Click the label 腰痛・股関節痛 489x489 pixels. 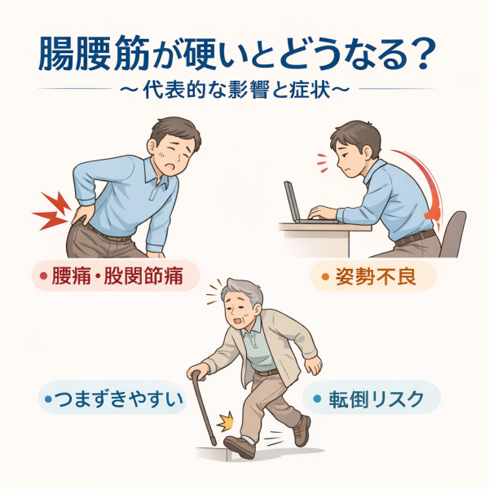(x=117, y=276)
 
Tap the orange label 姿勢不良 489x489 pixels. (x=376, y=276)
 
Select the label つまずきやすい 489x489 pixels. (x=118, y=399)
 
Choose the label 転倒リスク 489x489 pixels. (x=377, y=399)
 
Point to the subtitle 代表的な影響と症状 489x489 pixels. (x=236, y=90)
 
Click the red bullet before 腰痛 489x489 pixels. (x=44, y=276)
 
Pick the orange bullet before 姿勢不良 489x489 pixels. (x=325, y=276)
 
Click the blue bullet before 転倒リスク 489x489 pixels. (x=317, y=399)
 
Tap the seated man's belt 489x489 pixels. (x=416, y=238)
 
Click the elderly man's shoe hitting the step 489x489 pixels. (x=240, y=447)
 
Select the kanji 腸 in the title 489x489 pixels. (x=55, y=54)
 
